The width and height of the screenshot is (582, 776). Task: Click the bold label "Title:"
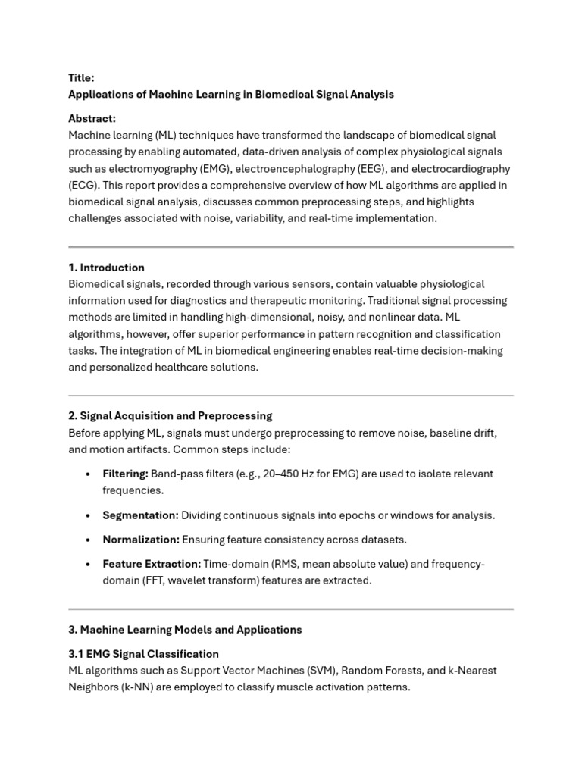click(81, 77)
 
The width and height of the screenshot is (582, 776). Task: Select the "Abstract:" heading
click(92, 119)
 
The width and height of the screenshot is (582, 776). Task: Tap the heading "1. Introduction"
click(106, 268)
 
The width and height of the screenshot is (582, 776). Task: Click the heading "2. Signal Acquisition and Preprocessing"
click(170, 416)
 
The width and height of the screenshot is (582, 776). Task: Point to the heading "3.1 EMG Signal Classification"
click(143, 654)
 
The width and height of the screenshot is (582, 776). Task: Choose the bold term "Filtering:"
click(125, 474)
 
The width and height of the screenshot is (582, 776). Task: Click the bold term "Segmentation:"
click(140, 515)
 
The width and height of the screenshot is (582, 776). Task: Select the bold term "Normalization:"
click(141, 540)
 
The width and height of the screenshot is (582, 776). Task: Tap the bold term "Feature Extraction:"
click(152, 564)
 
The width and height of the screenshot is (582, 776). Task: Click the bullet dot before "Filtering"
click(88, 474)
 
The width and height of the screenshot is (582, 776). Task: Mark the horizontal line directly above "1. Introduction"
click(291, 247)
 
